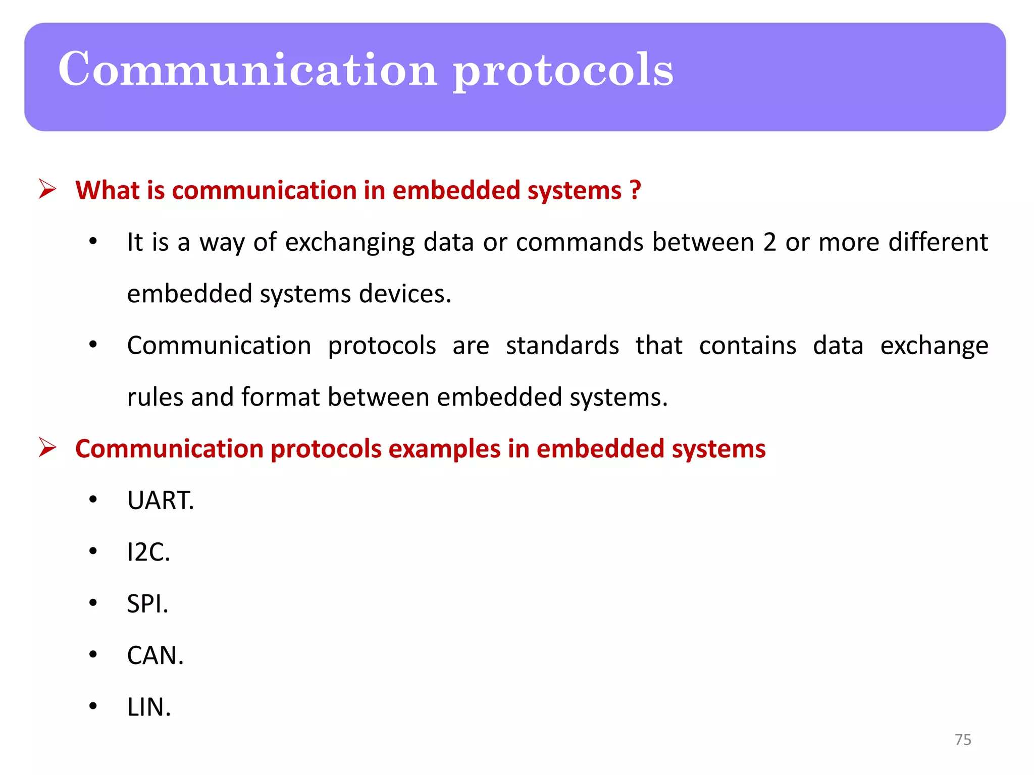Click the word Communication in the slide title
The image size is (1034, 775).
pos(247,69)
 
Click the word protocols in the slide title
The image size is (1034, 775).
pos(563,71)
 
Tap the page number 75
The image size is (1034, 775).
pos(963,740)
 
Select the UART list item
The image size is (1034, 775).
pos(161,501)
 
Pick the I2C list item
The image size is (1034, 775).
pos(148,552)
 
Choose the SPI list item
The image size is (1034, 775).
pos(147,604)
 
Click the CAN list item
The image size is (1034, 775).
pos(155,655)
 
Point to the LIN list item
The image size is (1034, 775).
pos(149,707)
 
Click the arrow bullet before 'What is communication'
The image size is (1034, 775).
pos(47,190)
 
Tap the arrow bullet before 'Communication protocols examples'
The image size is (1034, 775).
pos(47,448)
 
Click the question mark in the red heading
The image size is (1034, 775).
pos(635,190)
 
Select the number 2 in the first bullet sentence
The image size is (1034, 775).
pos(769,242)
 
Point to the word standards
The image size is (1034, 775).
pos(562,346)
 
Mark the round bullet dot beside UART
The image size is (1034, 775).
pos(93,500)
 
